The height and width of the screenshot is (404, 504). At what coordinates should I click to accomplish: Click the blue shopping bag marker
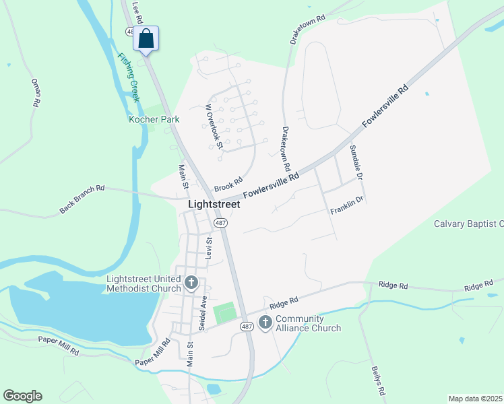[146, 39]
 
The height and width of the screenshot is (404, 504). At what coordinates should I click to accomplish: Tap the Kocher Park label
[154, 119]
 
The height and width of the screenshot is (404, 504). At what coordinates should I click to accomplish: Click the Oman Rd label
[36, 93]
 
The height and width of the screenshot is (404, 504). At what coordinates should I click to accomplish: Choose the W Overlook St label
[214, 126]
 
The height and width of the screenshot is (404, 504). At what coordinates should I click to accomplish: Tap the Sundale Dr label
[355, 162]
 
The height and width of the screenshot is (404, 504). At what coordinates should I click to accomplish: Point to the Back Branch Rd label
[82, 199]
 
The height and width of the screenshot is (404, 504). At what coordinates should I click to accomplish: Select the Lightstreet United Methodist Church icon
[191, 282]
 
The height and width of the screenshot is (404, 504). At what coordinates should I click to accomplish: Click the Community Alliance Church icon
[265, 323]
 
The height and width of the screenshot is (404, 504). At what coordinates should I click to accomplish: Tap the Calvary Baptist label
[468, 224]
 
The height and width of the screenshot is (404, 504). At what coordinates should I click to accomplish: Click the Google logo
[22, 396]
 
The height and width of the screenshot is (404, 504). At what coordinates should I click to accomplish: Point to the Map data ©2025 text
[475, 399]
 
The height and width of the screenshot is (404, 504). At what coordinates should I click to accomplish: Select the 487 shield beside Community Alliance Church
[247, 327]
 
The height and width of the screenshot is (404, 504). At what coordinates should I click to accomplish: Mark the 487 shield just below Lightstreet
[220, 223]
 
